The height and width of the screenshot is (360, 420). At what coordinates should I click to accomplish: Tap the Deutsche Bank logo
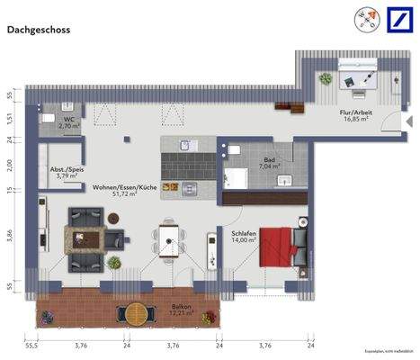(398, 20)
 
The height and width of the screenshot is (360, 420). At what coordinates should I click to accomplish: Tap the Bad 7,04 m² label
(269, 163)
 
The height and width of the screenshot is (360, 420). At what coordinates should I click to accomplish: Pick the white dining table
(167, 238)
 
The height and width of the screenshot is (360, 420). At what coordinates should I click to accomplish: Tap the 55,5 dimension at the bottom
(31, 345)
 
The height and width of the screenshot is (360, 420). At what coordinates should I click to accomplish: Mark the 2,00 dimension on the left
(10, 164)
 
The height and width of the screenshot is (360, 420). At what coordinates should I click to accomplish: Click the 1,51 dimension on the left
(10, 117)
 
